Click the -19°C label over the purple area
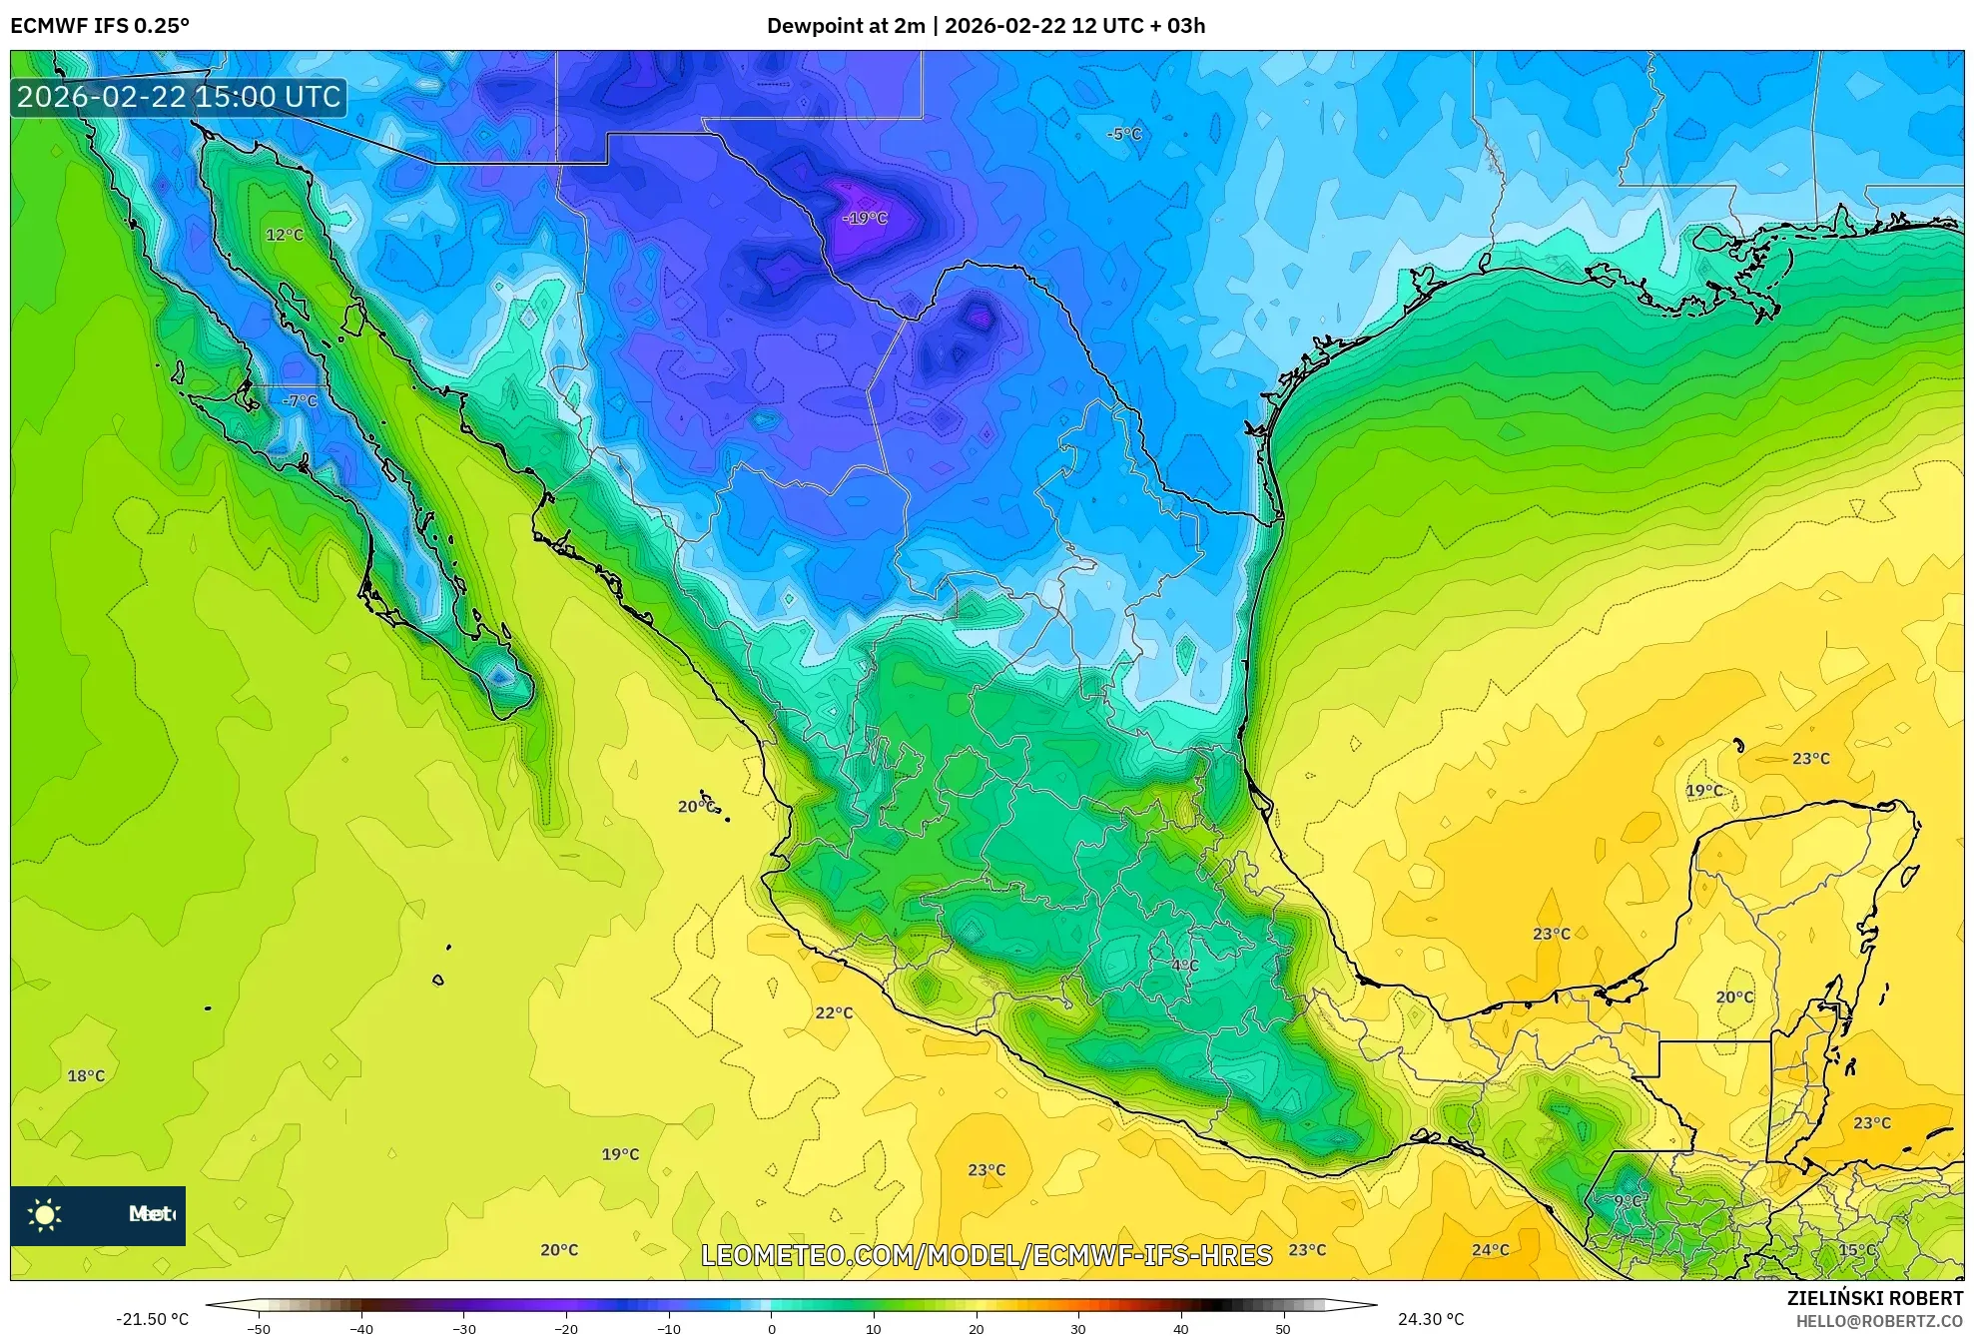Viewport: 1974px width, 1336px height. [x=865, y=218]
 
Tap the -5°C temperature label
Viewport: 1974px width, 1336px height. [x=1124, y=134]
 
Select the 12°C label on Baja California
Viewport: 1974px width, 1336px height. [x=285, y=235]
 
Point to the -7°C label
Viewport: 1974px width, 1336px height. [x=300, y=400]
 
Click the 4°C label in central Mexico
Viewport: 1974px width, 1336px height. [x=1185, y=966]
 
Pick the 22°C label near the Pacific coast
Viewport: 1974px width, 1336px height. [x=834, y=1012]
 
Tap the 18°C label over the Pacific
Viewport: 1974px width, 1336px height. [x=86, y=1075]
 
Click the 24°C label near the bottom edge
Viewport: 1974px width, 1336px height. [x=1490, y=1249]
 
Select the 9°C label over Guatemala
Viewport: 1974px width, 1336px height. [x=1630, y=1200]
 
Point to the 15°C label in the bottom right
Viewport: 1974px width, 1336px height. [x=1857, y=1249]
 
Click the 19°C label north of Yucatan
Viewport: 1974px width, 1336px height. [x=1704, y=790]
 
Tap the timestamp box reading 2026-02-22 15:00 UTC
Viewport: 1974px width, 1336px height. [x=179, y=97]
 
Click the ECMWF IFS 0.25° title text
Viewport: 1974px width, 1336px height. [x=100, y=26]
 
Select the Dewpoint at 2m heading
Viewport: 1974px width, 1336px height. [x=846, y=26]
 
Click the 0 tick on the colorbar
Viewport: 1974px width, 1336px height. [x=771, y=1328]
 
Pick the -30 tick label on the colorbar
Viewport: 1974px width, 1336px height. [x=464, y=1328]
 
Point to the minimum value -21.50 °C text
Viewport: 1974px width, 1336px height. [x=152, y=1319]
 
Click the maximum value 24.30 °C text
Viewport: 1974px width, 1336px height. [x=1430, y=1319]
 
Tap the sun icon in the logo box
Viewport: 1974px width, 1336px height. [x=45, y=1214]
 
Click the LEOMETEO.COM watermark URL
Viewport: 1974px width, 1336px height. [x=987, y=1255]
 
